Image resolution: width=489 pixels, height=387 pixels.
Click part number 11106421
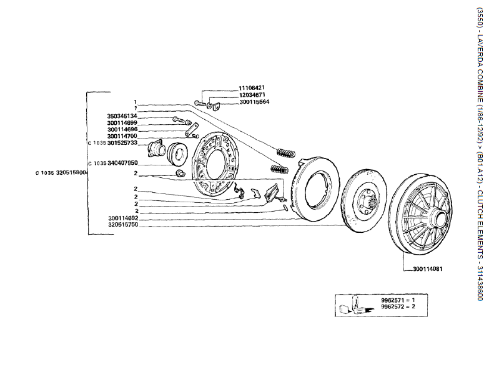coord(234,87)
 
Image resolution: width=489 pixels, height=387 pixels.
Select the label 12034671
coord(234,94)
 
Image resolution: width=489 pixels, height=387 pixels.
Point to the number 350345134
coord(122,116)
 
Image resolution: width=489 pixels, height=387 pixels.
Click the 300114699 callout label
coord(122,123)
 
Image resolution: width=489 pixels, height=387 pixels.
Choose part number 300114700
coord(122,136)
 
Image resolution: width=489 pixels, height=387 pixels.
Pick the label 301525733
coord(122,143)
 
